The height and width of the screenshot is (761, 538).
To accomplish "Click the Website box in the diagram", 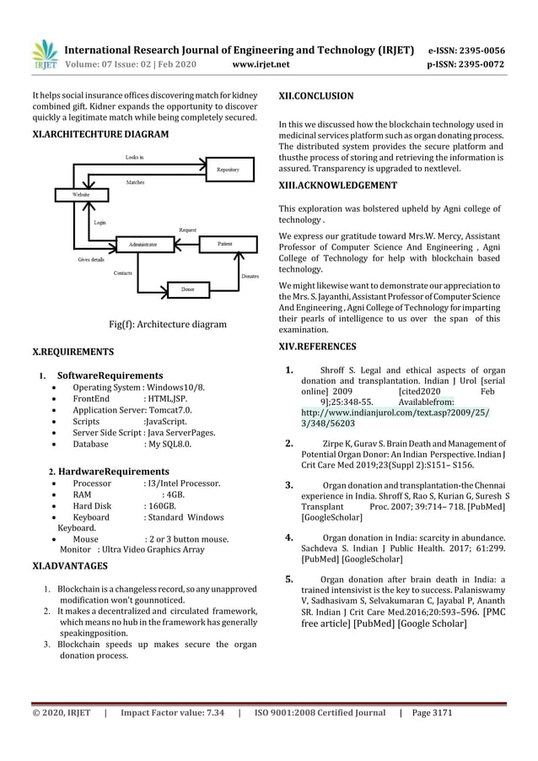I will pos(81,195).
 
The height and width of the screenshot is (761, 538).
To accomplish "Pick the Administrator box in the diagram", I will pos(143,244).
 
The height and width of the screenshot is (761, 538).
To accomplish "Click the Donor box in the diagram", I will pos(187,289).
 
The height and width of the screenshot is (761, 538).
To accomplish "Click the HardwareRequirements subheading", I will pos(113,471).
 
